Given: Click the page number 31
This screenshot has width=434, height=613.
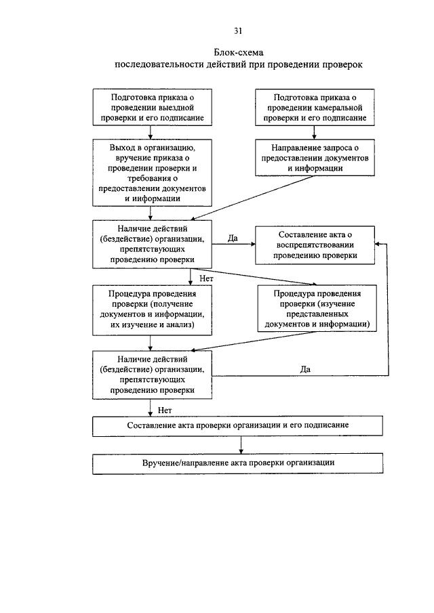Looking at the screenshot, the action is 238,31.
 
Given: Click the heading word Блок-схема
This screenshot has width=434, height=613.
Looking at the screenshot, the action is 238,52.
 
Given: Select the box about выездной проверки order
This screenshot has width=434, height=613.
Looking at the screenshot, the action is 152,107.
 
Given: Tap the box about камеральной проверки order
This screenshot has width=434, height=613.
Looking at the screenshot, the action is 315,107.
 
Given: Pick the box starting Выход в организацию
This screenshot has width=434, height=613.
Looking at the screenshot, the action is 152,173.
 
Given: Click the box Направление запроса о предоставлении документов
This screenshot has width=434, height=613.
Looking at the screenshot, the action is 315,158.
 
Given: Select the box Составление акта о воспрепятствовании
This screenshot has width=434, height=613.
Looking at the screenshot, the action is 315,245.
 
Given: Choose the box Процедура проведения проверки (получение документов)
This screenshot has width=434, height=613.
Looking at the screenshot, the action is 152,310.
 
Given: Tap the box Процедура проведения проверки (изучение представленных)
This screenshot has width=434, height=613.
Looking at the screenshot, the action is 317,308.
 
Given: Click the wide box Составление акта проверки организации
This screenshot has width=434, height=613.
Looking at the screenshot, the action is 237,426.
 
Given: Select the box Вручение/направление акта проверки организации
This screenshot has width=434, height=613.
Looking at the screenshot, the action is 237,463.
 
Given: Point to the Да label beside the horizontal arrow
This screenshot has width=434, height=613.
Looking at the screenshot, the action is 233,238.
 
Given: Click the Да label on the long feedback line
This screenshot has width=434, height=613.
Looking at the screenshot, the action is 305,369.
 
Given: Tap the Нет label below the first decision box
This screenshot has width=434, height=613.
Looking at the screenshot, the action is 206,278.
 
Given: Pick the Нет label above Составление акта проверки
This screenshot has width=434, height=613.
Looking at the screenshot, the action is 165,410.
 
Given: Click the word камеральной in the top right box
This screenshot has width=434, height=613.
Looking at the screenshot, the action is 339,108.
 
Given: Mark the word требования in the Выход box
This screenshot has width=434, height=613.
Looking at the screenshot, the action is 148,178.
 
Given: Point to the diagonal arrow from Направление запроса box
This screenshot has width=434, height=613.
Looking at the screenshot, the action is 252,198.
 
